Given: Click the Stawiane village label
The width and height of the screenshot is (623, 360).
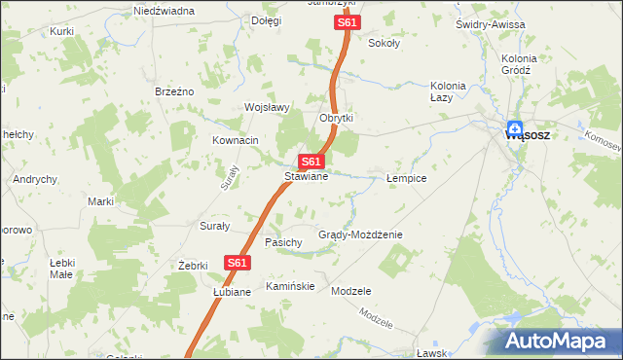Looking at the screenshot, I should point(306,177).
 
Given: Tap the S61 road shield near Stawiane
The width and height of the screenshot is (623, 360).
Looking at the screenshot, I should point(311,161).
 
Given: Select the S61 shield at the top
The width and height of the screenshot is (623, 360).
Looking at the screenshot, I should point(347,22).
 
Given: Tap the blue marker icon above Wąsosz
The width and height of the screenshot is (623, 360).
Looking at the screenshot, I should point(515,126).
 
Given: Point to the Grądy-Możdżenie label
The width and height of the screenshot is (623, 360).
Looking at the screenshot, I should point(360,234).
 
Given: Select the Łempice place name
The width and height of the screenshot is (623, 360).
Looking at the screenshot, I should point(406,179).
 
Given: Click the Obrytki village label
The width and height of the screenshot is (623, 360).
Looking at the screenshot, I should point(336,118).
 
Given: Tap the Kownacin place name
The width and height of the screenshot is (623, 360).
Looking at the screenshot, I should point(236,140).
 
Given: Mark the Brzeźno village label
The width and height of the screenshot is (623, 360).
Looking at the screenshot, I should point(175,90).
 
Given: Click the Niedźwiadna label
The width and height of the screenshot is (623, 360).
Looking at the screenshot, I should point(164,11).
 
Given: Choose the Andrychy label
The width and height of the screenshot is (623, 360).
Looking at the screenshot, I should point(35,179).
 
